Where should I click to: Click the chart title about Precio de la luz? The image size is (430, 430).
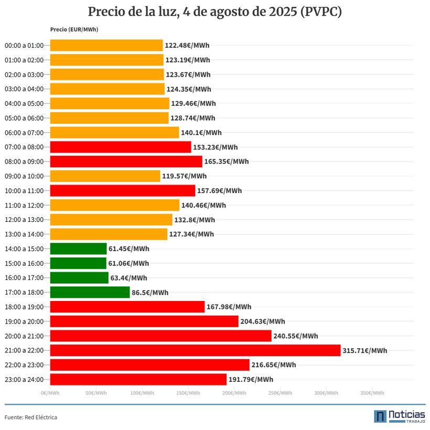(x=215, y=12)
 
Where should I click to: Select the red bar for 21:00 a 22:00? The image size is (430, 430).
(x=195, y=350)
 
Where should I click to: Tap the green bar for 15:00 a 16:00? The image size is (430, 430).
(x=78, y=263)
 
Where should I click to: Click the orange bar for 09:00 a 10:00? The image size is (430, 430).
(x=105, y=176)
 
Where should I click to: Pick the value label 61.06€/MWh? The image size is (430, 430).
(x=128, y=263)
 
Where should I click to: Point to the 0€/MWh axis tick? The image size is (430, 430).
(x=50, y=393)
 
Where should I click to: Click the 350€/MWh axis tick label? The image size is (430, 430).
(x=372, y=393)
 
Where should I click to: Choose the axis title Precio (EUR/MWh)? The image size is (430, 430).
(x=74, y=29)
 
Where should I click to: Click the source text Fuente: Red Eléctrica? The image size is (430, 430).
(x=31, y=417)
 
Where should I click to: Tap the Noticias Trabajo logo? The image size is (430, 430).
(x=399, y=416)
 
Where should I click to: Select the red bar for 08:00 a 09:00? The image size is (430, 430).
(x=126, y=162)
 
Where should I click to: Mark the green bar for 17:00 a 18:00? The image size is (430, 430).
(x=90, y=292)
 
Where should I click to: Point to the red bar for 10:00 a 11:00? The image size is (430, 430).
(x=122, y=190)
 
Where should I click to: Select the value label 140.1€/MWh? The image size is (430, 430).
(x=201, y=133)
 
